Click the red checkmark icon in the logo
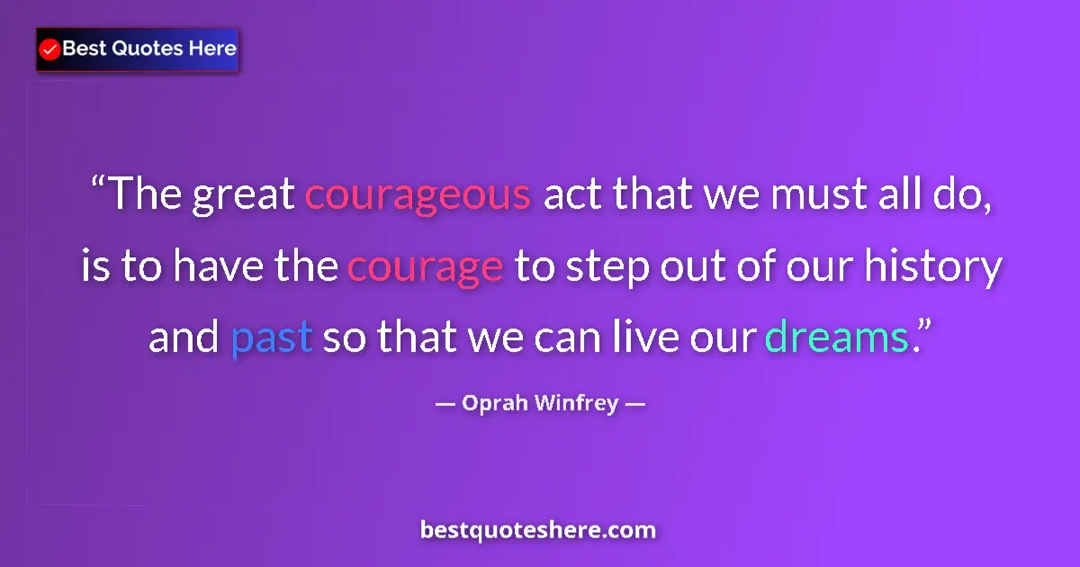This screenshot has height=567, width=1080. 50,49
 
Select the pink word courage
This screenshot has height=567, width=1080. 425,267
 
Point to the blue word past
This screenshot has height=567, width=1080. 271,338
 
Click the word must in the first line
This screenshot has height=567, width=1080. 816,195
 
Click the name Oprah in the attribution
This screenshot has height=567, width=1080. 494,403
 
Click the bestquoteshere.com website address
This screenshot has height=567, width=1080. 538,530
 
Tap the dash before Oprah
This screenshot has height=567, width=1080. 444,404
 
